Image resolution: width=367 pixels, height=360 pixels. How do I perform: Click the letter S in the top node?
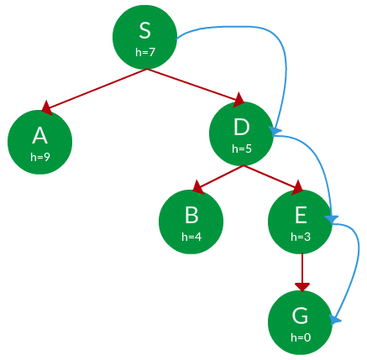coord(144,32)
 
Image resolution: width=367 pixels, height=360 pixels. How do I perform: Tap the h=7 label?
coord(144,51)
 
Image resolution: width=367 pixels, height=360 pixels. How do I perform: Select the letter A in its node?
coord(39,136)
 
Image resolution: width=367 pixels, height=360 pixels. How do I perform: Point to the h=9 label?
coord(40,156)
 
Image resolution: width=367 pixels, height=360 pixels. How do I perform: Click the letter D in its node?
coord(242,128)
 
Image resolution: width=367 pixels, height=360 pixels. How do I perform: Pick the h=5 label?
coord(242,149)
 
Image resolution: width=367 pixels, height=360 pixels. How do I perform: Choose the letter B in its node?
coord(191,216)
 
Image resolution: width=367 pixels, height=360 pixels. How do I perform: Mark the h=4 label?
coord(191,237)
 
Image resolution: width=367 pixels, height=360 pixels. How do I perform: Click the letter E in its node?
coord(301,216)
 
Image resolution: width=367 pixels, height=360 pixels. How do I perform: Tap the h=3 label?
coord(301,237)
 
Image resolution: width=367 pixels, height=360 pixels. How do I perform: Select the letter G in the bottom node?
coord(301,316)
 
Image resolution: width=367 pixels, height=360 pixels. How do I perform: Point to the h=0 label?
coord(301,337)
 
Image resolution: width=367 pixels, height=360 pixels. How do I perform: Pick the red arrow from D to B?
coord(218,177)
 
